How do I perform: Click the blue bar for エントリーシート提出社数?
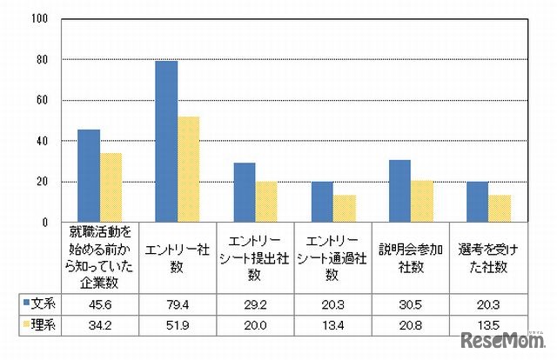click(x=244, y=192)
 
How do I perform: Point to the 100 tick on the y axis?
click(x=40, y=19)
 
